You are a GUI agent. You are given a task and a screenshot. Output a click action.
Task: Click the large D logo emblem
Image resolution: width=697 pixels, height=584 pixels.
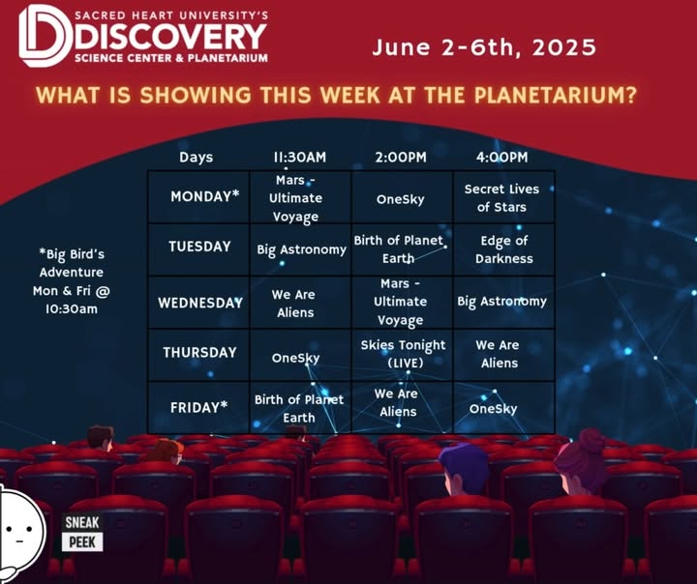pyautogui.click(x=45, y=36)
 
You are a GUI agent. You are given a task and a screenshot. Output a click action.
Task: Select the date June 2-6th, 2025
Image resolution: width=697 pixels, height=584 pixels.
pyautogui.click(x=484, y=47)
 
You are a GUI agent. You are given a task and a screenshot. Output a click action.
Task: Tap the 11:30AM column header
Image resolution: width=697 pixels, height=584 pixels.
pyautogui.click(x=299, y=157)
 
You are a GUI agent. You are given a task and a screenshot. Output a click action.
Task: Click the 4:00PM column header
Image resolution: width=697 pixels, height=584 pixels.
pyautogui.click(x=501, y=157)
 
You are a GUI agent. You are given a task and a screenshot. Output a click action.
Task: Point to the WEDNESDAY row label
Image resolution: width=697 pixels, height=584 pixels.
pyautogui.click(x=200, y=303)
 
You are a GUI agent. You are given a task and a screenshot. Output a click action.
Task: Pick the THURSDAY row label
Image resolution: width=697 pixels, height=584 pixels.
pyautogui.click(x=199, y=352)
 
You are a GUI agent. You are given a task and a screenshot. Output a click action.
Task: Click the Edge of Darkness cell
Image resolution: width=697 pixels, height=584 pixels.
pyautogui.click(x=503, y=249)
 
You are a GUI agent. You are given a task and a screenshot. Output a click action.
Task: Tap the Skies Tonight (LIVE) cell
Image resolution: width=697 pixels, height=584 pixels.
pyautogui.click(x=403, y=354)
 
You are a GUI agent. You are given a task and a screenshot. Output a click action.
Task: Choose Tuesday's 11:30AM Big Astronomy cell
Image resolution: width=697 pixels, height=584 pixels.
pyautogui.click(x=301, y=250)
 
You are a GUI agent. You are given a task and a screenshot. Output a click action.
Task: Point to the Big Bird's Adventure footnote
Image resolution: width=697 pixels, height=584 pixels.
pyautogui.click(x=71, y=281)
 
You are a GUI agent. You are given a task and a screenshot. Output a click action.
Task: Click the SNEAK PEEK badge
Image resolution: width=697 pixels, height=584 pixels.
pyautogui.click(x=82, y=533)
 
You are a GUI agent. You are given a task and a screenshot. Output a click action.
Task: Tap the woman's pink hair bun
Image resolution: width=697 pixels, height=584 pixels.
pyautogui.click(x=591, y=439)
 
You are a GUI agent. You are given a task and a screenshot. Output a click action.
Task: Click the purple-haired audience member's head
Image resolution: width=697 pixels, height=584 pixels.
pyautogui.click(x=464, y=466)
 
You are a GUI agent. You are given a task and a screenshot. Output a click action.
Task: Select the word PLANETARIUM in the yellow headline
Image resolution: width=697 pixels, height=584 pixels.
pyautogui.click(x=553, y=95)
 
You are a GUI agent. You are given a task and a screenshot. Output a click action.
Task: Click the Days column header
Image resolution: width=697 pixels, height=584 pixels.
pyautogui.click(x=196, y=158)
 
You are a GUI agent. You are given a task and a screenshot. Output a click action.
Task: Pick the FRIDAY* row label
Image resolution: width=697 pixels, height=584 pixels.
pyautogui.click(x=199, y=407)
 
